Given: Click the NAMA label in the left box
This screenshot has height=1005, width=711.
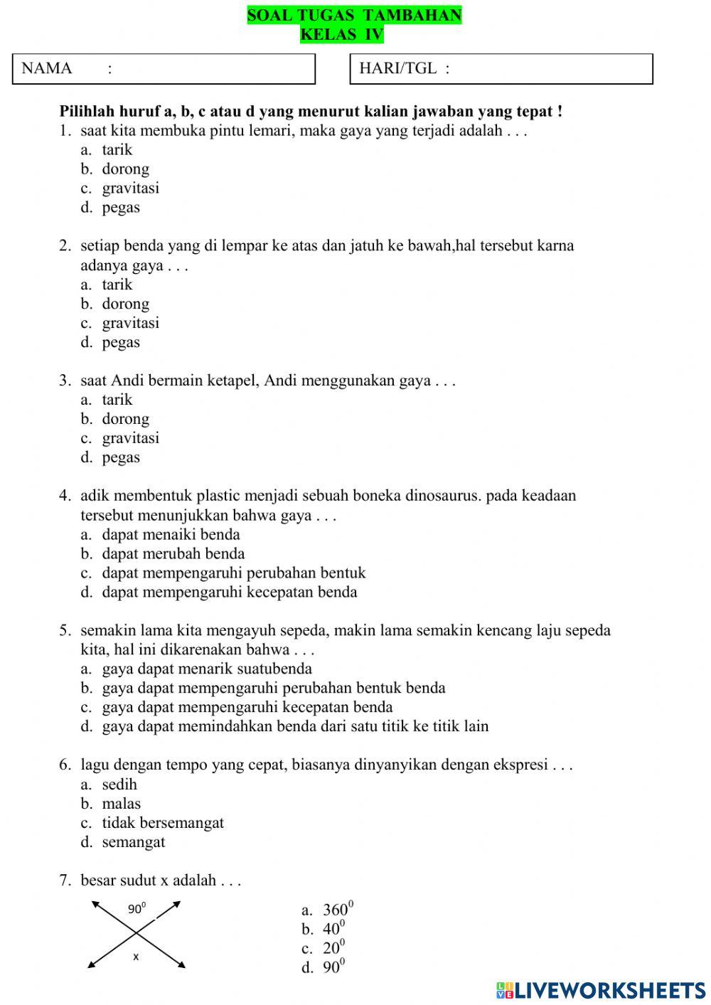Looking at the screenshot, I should click(47, 68).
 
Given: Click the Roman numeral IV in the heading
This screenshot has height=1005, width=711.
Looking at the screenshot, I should click(373, 34).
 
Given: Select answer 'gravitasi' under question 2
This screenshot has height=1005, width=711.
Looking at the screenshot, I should click(130, 323).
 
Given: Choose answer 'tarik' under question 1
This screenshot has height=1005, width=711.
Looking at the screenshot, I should click(117, 150).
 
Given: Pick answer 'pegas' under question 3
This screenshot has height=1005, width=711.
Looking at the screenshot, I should click(121, 457).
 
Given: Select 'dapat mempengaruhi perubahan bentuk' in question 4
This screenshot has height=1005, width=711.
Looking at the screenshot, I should click(233, 573).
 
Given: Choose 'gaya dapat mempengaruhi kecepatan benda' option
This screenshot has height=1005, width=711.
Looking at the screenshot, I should click(247, 707).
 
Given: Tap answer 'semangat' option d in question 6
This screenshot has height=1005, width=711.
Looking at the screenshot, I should click(133, 842).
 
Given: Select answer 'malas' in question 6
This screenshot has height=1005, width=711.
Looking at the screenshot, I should click(121, 804).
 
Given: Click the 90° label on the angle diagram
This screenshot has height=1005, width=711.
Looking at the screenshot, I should click(137, 908).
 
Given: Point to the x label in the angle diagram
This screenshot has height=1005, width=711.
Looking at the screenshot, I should click(136, 957).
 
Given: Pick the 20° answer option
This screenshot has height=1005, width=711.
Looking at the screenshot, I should click(333, 948).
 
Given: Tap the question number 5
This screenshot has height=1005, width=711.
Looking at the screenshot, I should click(65, 631).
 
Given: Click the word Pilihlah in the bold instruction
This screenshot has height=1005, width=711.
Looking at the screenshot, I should click(86, 112).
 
